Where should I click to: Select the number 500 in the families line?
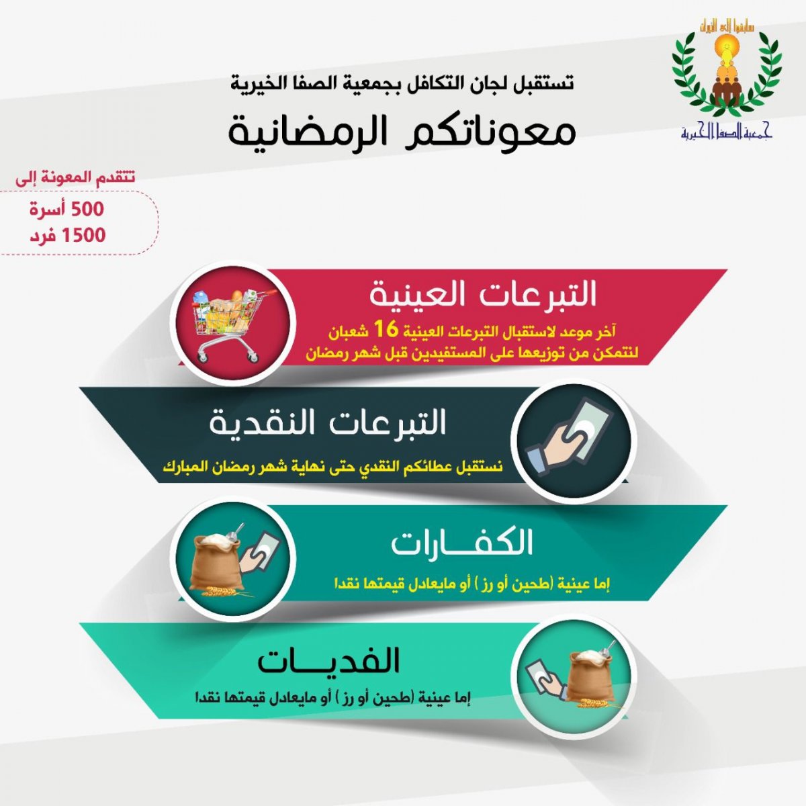(87, 209)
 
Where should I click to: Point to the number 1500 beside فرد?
(84, 236)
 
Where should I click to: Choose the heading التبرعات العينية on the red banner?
(482, 294)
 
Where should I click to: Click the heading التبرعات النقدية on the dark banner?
(328, 422)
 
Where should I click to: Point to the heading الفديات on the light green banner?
(328, 661)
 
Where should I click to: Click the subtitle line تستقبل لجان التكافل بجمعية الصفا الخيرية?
(402, 83)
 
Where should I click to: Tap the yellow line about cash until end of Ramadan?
(332, 466)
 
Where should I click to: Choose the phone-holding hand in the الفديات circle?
(545, 680)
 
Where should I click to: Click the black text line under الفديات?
(333, 698)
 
